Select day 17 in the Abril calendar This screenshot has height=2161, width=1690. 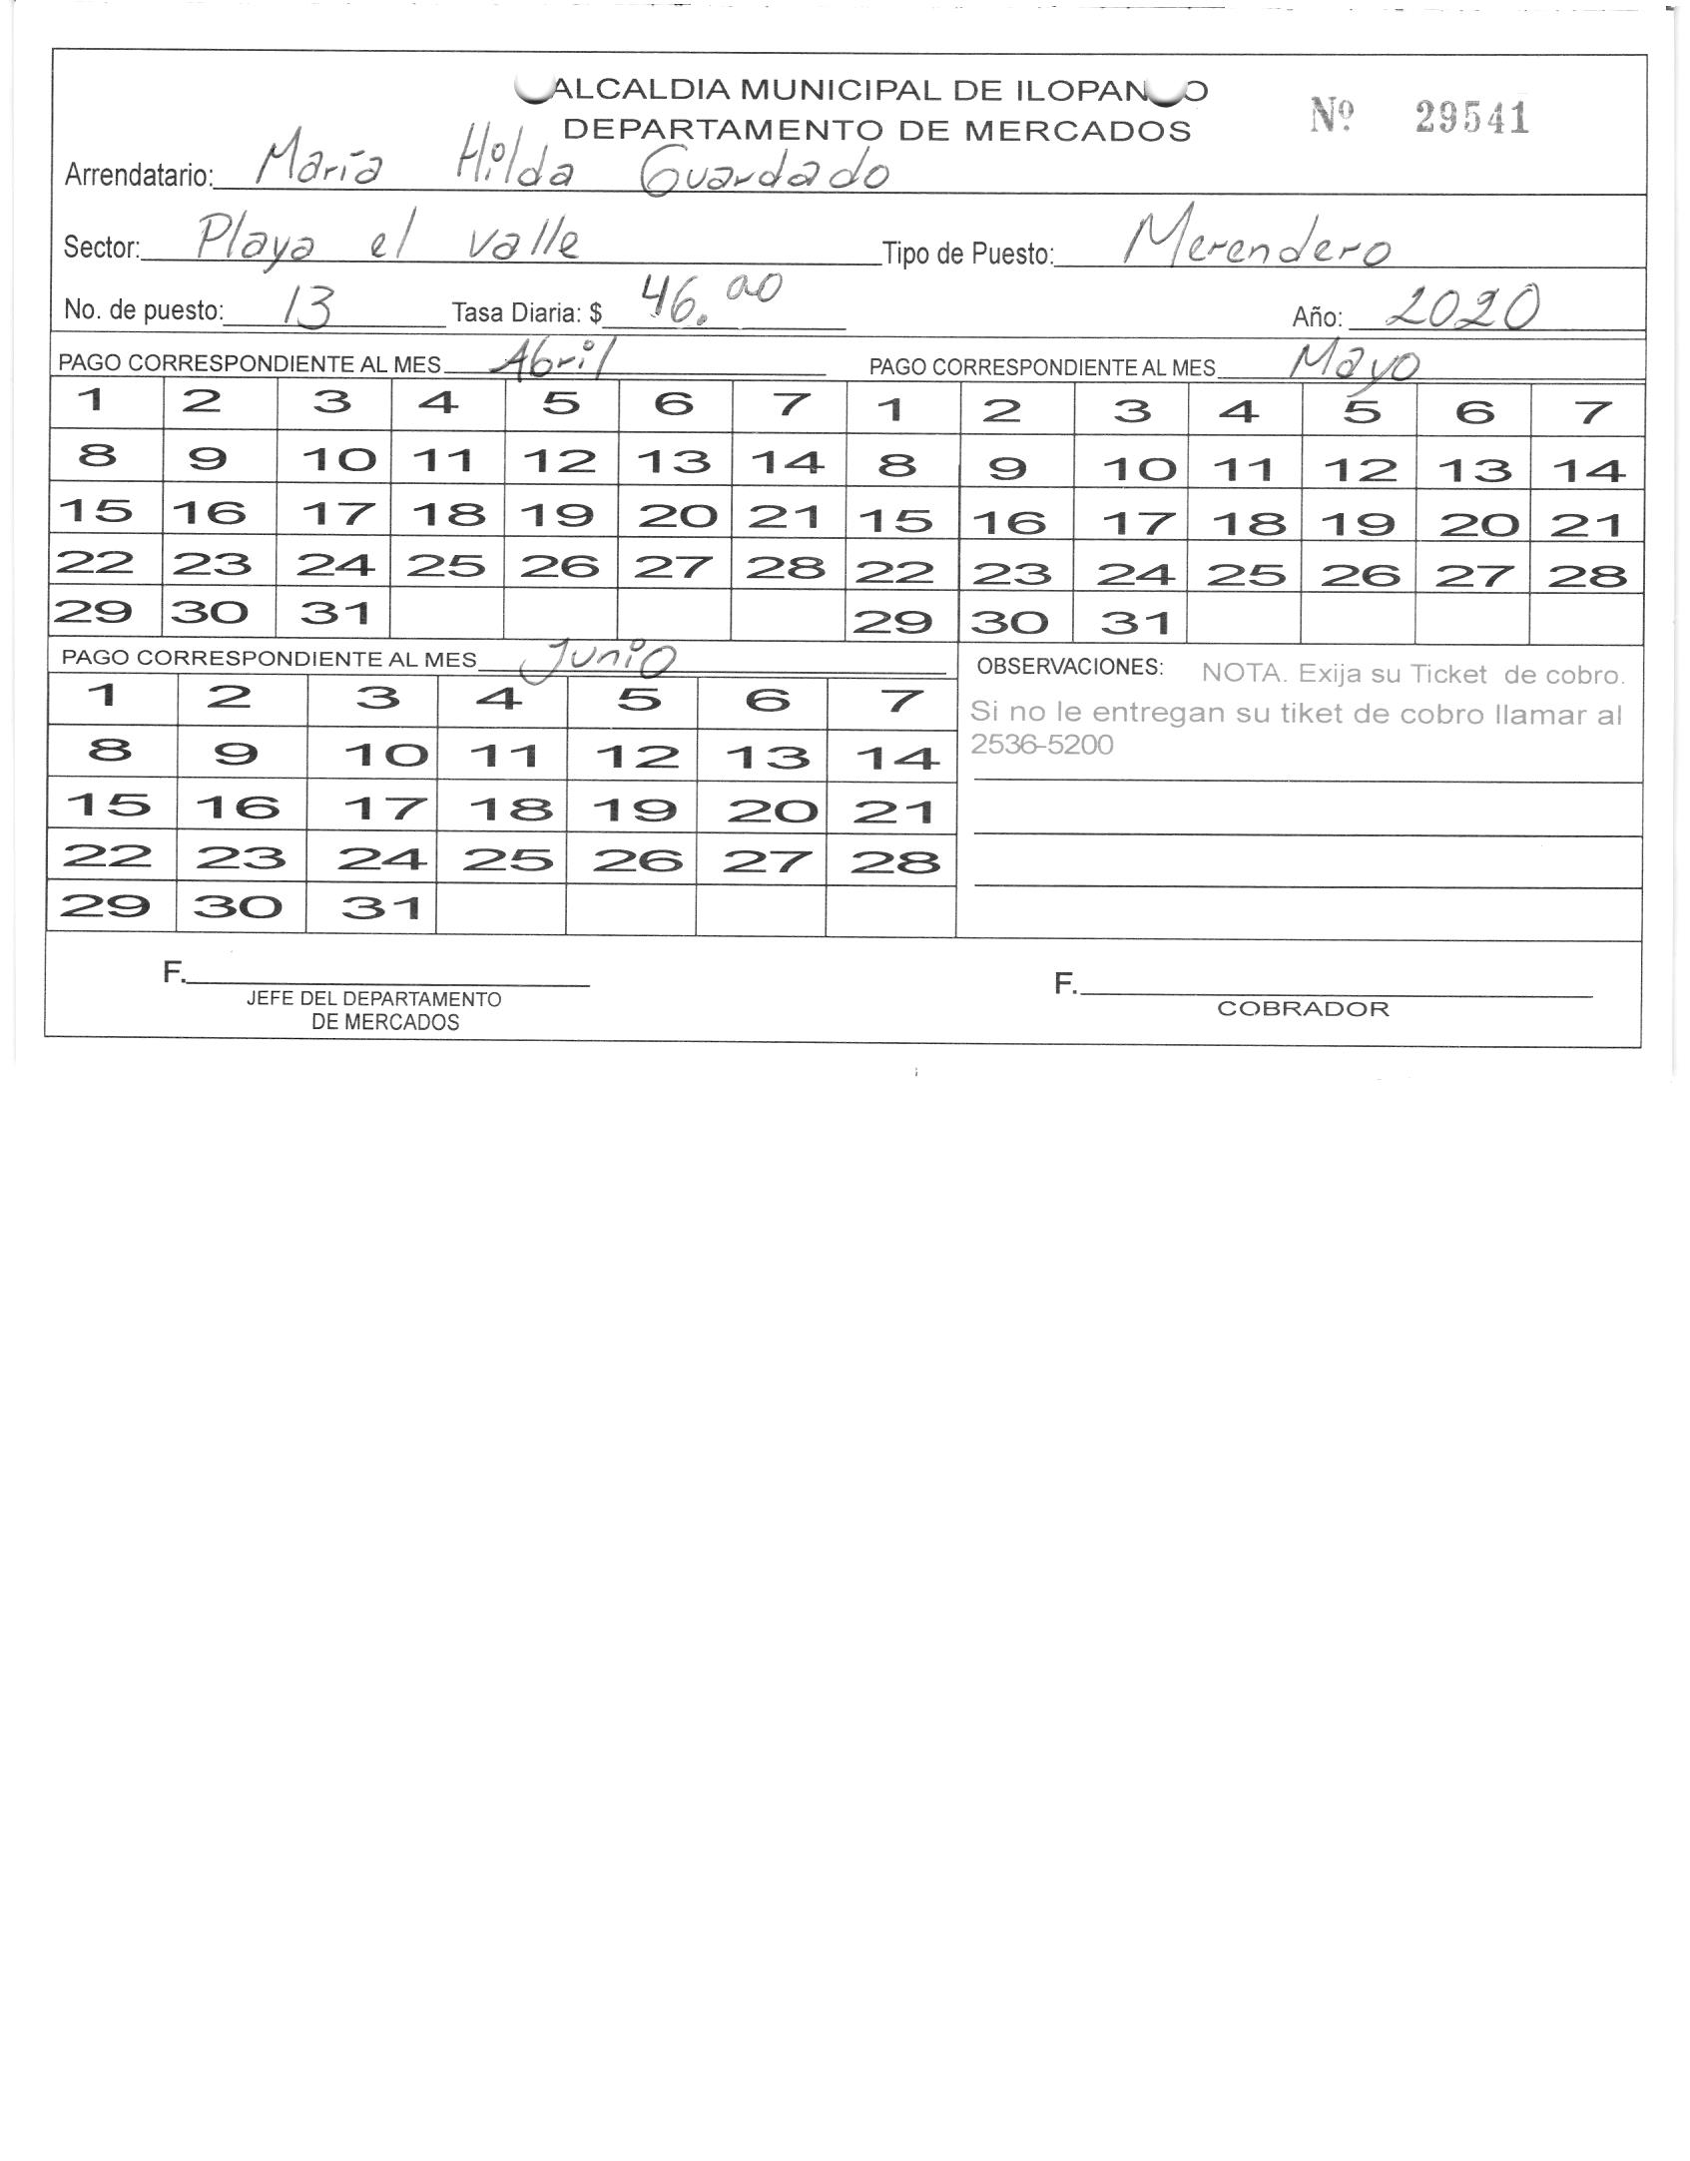[336, 513]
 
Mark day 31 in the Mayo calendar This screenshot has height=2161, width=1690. [1135, 624]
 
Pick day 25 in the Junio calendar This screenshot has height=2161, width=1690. [506, 860]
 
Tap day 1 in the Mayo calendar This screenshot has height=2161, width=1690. [891, 410]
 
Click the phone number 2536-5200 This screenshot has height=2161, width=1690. [1041, 746]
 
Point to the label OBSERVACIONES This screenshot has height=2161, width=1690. [1069, 667]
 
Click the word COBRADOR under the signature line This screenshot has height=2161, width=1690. [1303, 1008]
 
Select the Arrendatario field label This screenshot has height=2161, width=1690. [139, 176]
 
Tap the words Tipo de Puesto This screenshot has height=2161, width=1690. [967, 255]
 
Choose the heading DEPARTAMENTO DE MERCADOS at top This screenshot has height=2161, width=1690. [876, 131]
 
